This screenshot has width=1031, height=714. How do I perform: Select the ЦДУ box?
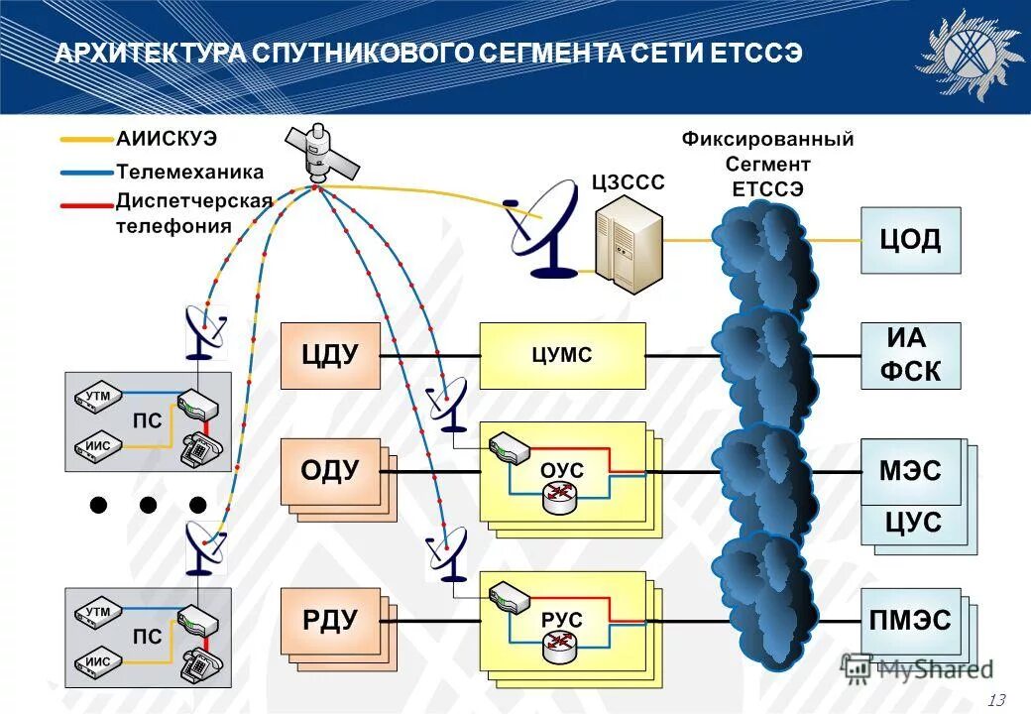(x=330, y=355)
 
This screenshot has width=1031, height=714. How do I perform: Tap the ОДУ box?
(x=330, y=471)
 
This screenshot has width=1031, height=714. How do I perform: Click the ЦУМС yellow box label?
(x=561, y=355)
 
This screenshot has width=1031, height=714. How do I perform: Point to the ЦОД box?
(x=910, y=240)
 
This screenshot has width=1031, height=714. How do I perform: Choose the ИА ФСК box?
(x=910, y=355)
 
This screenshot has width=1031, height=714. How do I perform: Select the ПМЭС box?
(x=910, y=622)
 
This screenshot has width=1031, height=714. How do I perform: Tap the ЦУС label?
(x=912, y=522)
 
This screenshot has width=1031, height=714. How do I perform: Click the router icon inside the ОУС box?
(x=560, y=496)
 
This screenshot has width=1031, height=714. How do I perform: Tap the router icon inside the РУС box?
(x=560, y=647)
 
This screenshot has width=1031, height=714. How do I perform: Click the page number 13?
(x=996, y=700)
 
